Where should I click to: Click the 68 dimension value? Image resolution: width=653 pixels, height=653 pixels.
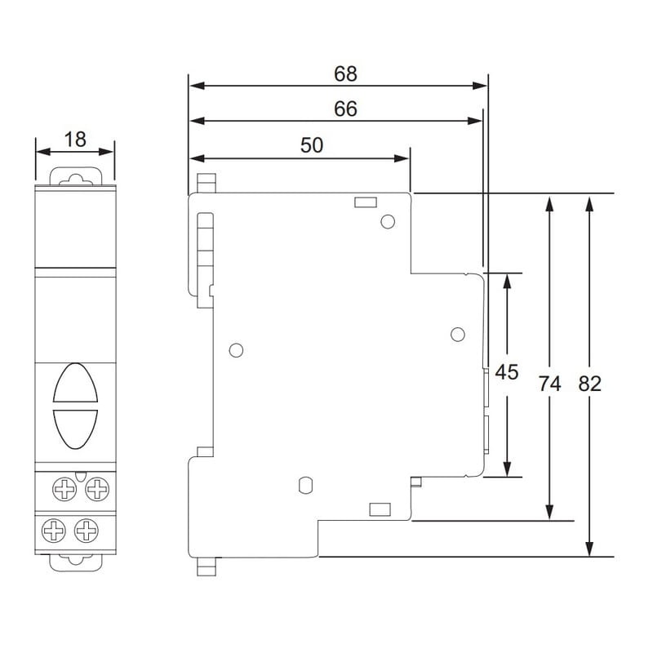345,73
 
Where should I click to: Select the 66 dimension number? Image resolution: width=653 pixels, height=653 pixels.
345,109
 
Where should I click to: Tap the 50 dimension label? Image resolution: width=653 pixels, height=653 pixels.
312,145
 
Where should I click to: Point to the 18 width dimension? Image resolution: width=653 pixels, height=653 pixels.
75,140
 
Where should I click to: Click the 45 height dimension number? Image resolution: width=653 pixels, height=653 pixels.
506,372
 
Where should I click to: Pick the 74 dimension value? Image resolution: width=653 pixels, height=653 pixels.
549,384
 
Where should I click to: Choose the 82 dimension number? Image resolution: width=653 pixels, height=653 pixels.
589,384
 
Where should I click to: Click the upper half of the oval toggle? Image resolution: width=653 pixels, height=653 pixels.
75,383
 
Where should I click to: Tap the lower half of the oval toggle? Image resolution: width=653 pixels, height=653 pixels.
75,429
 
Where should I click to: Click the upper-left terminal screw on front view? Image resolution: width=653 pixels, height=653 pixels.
64,489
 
